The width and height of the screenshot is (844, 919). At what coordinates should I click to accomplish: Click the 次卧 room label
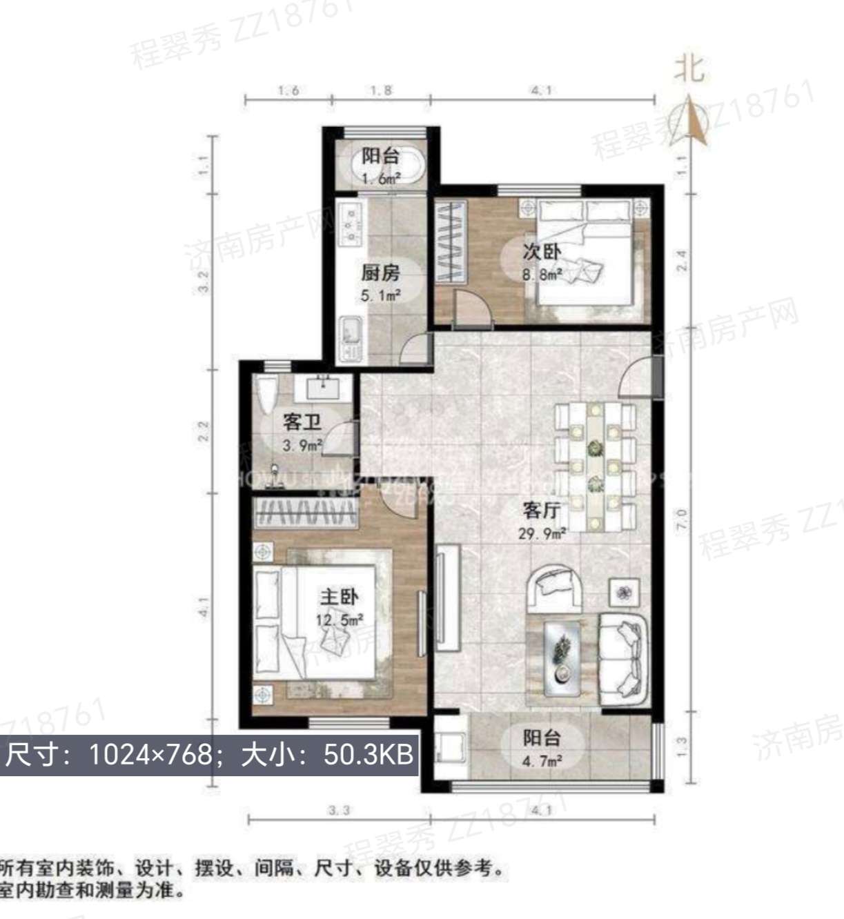[x=541, y=252]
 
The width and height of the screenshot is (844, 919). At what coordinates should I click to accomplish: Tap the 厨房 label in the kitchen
[x=380, y=273]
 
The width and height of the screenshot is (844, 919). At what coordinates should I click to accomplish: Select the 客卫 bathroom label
[x=302, y=422]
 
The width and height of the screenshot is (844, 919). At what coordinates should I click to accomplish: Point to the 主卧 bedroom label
[x=339, y=597]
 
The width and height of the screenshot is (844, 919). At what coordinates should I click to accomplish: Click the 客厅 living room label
[x=541, y=511]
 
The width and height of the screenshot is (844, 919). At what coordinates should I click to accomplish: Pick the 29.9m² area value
[x=542, y=533]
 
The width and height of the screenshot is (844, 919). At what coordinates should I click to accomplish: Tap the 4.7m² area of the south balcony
[x=542, y=761]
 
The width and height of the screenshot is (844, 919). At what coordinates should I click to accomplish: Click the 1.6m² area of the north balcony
[x=381, y=179]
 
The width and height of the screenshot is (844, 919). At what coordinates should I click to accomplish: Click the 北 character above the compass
[x=689, y=69]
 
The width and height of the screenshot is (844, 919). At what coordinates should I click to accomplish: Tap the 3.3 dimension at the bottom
[x=338, y=810]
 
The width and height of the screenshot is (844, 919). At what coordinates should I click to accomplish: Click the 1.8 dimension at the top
[x=381, y=90]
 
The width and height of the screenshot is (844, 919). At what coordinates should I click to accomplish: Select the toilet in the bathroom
[x=267, y=394]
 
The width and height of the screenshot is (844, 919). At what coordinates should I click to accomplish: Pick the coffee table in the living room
[x=565, y=658]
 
